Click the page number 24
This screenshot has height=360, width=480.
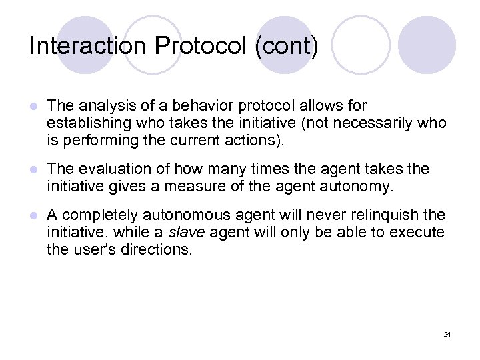click(447, 333)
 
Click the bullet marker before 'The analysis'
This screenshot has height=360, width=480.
click(33, 107)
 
